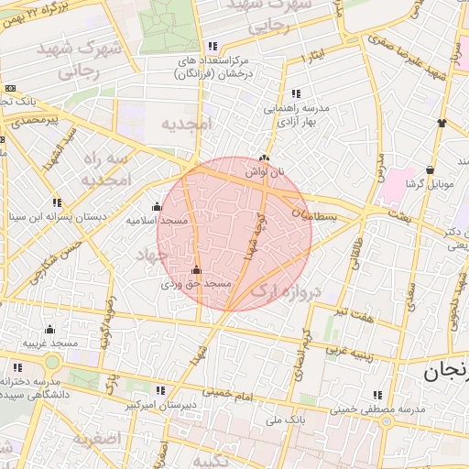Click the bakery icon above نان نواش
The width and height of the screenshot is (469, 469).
click(266, 158)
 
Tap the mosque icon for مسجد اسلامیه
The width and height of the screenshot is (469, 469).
click(157, 206)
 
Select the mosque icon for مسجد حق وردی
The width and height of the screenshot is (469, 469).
click(196, 270)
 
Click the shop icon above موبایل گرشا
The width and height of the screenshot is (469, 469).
click(430, 169)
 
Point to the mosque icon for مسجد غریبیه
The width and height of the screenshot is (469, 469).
click(49, 330)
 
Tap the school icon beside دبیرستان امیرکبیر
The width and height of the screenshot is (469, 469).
click(161, 389)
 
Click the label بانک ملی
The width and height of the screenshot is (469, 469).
click(284, 420)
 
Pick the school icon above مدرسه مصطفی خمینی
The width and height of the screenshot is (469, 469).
click(376, 395)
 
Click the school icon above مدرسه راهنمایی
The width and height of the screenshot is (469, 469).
click(295, 93)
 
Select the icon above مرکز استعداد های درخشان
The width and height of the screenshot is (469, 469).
click(213, 46)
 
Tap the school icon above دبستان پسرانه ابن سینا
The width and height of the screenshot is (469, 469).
click(58, 202)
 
